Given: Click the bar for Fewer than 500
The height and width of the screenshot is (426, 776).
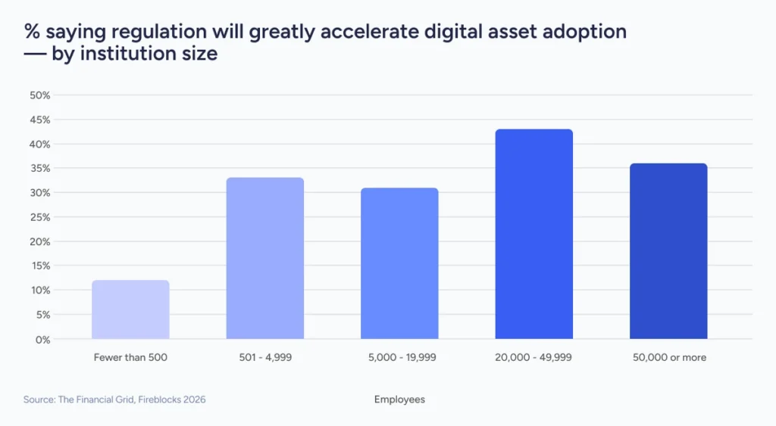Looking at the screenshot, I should (x=130, y=309).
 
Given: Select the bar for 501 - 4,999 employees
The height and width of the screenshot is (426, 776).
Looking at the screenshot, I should (x=265, y=258).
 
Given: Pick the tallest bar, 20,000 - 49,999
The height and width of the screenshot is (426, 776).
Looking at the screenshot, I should (x=533, y=234).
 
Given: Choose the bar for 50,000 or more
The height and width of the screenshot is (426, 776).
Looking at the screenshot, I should (x=668, y=251).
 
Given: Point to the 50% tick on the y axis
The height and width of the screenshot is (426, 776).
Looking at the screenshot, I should (x=39, y=95).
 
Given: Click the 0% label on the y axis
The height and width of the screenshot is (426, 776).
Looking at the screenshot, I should (x=42, y=339).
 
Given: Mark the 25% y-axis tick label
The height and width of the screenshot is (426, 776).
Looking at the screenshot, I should (x=39, y=217).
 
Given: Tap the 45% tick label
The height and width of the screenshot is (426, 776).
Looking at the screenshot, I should (x=39, y=120).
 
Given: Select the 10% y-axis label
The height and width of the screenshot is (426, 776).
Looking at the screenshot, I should (x=39, y=291).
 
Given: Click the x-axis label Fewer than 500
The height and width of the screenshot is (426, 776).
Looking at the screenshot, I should (x=130, y=357).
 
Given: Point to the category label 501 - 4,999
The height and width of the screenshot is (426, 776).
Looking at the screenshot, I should (x=265, y=357).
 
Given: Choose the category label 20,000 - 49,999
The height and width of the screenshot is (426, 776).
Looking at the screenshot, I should (x=533, y=357).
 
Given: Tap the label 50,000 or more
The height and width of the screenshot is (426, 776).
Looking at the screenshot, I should (x=668, y=357).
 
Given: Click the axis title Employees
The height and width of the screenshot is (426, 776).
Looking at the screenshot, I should (x=399, y=400).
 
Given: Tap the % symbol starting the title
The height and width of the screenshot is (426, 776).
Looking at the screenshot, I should (x=32, y=32).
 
